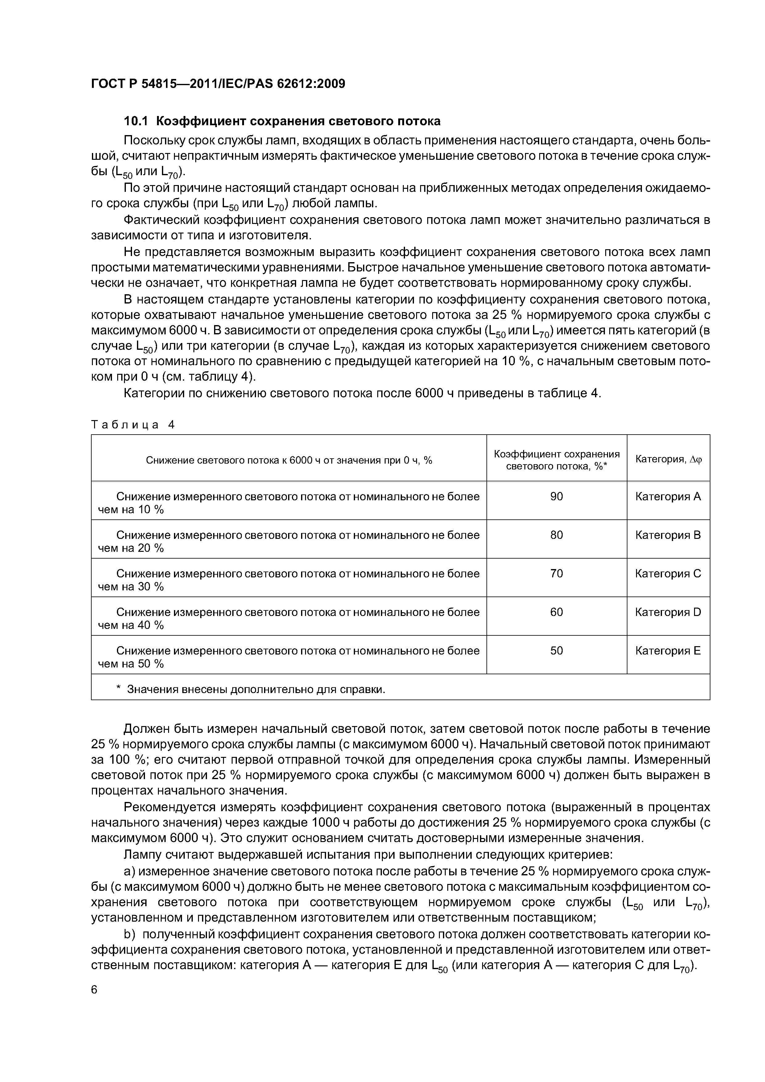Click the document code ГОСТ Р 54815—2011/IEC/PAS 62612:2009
click(218, 84)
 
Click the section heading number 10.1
click(136, 121)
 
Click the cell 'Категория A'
click(668, 496)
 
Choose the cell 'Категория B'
click(668, 535)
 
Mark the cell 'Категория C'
click(668, 573)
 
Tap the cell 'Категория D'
click(668, 612)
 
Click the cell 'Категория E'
click(668, 651)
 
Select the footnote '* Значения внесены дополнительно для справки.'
click(251, 689)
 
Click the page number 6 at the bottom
click(94, 990)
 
